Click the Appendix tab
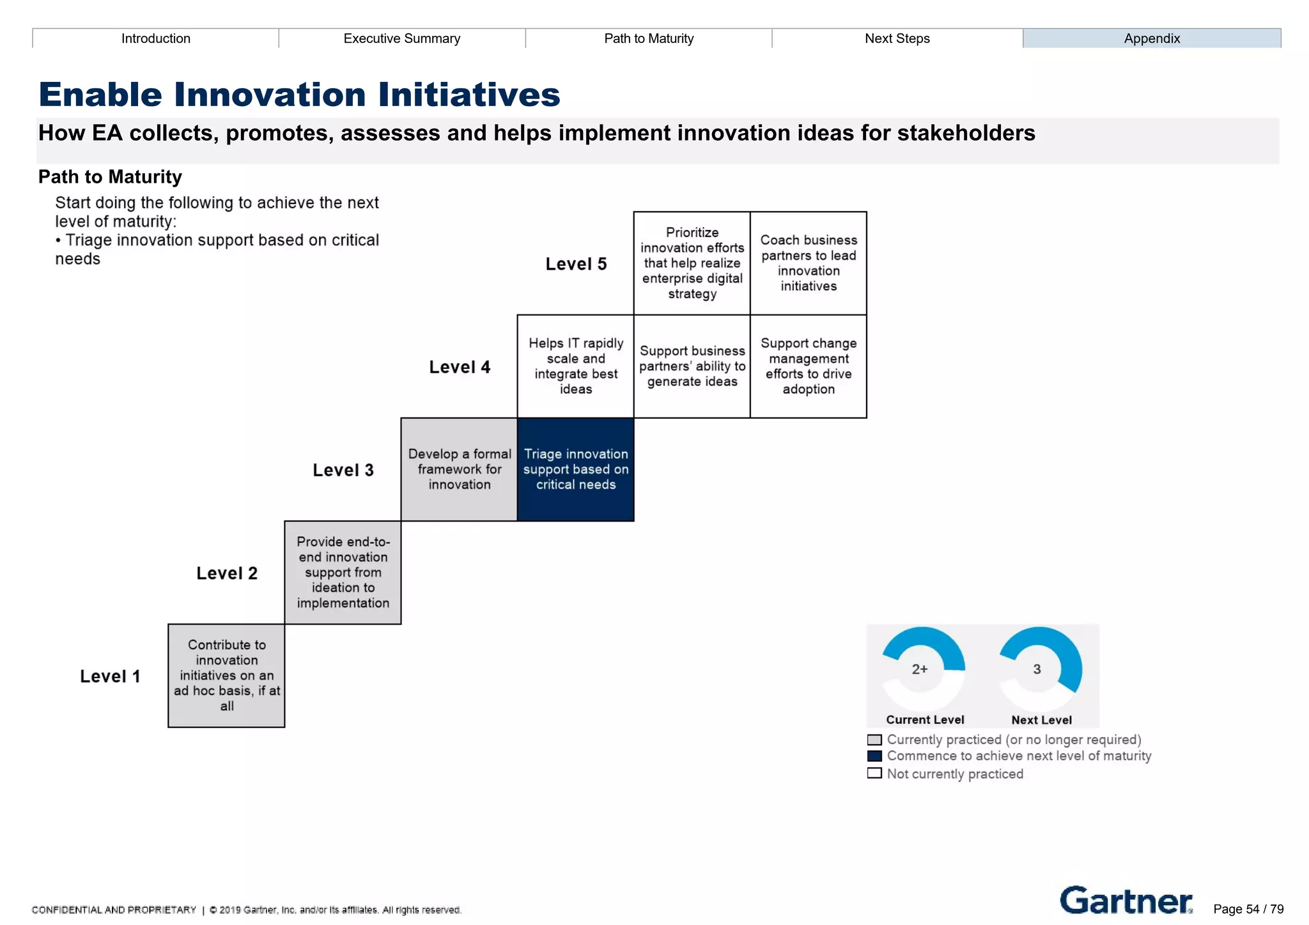click(x=1151, y=38)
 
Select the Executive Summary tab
click(x=401, y=38)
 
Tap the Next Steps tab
click(x=897, y=38)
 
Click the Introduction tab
click(x=155, y=38)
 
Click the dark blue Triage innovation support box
click(x=575, y=469)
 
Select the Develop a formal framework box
click(x=459, y=469)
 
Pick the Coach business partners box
click(x=809, y=263)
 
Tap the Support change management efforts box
click(x=809, y=366)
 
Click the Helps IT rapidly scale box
click(x=575, y=366)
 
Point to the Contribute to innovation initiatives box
click(x=226, y=675)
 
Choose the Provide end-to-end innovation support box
click(x=343, y=572)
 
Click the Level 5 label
click(x=575, y=264)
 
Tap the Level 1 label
click(x=110, y=676)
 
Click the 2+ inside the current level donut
click(x=920, y=669)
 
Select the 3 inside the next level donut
click(x=1037, y=669)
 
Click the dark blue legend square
click(x=874, y=756)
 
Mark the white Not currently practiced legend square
click(x=874, y=773)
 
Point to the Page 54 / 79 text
click(x=1248, y=909)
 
